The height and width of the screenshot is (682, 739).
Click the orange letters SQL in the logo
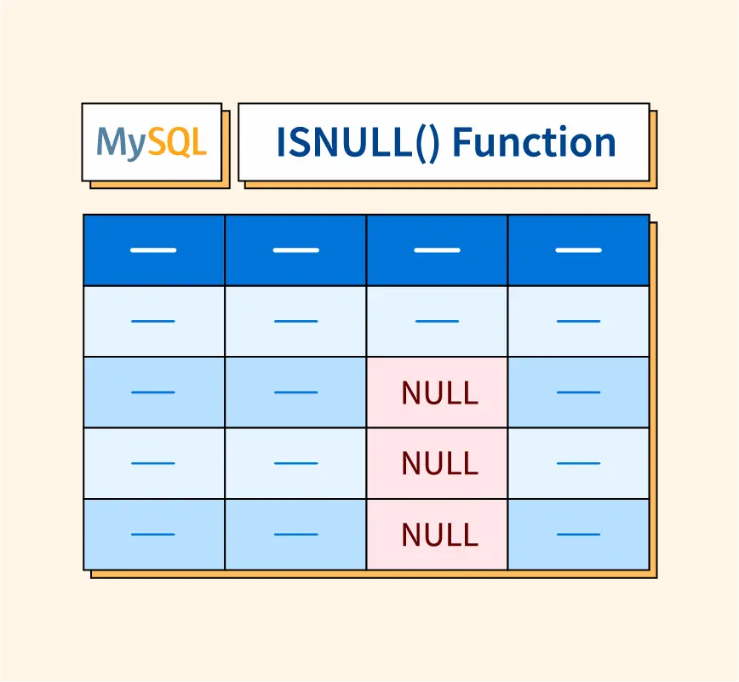click(177, 142)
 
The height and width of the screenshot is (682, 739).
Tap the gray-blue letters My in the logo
click(121, 143)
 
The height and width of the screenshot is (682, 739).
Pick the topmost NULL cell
click(438, 393)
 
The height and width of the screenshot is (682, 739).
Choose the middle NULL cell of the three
click(438, 463)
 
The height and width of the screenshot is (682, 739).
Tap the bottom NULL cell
click(438, 535)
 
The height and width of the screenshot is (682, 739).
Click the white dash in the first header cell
click(153, 250)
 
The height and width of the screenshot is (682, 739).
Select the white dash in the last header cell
click(578, 250)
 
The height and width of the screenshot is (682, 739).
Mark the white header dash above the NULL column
click(437, 250)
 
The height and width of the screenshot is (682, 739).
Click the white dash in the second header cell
click(295, 250)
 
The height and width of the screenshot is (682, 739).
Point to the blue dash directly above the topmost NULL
click(437, 321)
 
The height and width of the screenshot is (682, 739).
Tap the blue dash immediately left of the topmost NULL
click(295, 393)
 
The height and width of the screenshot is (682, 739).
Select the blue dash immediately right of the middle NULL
click(578, 463)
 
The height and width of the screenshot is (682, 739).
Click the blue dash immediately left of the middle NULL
click(295, 463)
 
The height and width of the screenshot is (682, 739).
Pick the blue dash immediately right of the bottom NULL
click(578, 535)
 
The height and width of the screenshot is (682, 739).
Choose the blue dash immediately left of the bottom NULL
click(295, 535)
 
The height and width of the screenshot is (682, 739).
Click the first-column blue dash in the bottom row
click(153, 535)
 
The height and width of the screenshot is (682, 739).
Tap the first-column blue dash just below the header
click(153, 321)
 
